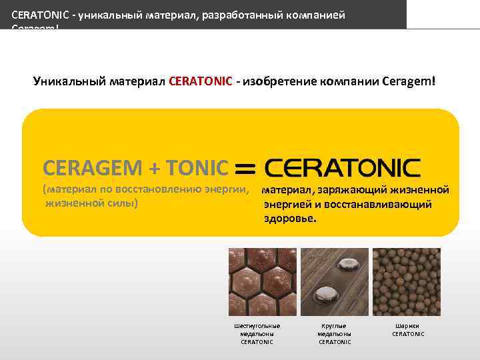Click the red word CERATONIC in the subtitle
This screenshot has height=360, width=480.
pos(201,82)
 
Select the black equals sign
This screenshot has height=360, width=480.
pos(245,168)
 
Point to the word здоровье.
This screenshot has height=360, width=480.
pos(290,218)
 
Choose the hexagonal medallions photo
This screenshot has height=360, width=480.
pos(262,281)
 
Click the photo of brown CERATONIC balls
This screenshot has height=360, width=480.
pos(406,281)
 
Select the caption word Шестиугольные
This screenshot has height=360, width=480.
pos(257,326)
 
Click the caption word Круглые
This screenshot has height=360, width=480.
pos(334,326)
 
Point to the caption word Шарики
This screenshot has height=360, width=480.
pos(407,326)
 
